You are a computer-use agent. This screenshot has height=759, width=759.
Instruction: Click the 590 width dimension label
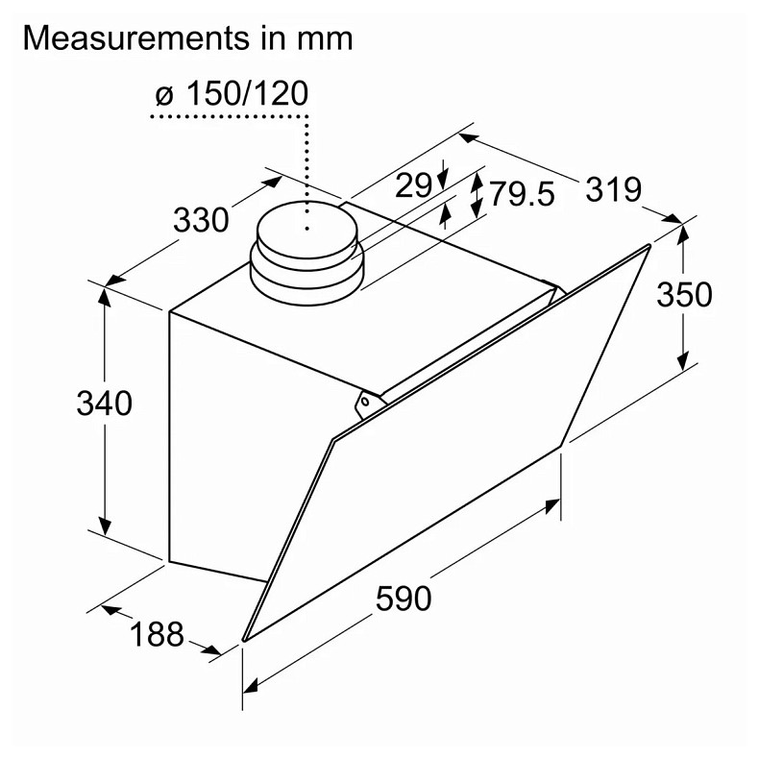pos(404,598)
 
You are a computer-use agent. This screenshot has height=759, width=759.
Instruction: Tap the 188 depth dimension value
pos(156,634)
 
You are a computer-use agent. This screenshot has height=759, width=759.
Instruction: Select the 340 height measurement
pos(104,404)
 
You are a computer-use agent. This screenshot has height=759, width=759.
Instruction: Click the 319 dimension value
pos(613,189)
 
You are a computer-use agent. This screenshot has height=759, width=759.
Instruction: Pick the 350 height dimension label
pos(684,294)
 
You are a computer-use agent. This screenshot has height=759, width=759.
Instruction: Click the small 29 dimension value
pos(414,184)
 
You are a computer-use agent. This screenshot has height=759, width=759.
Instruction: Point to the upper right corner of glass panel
pos(649,247)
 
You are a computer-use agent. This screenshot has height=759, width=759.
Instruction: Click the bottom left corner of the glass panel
pos(244,638)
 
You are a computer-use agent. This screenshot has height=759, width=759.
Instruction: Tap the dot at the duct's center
pos(306,229)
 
